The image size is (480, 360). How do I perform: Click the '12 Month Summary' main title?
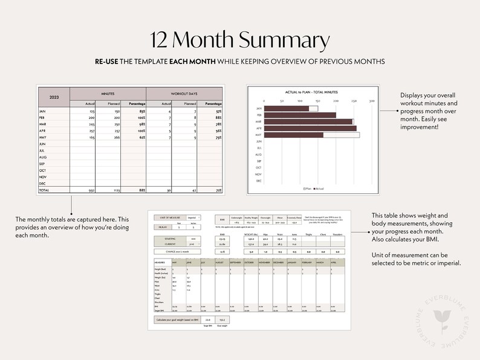click(x=240, y=40)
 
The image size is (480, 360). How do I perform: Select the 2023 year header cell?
click(x=54, y=97)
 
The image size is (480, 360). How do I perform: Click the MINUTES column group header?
click(x=108, y=94)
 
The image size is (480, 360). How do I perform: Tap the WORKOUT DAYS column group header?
click(x=184, y=94)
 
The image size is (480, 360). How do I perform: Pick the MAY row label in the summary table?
click(x=43, y=137)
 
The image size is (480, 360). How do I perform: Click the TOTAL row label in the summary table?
click(x=44, y=190)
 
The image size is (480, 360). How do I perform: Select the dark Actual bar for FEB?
click(x=300, y=115)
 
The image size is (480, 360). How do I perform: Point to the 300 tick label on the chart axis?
click(x=372, y=101)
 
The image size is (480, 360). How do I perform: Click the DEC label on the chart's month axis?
click(x=259, y=181)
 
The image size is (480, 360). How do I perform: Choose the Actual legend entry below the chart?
click(x=319, y=188)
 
